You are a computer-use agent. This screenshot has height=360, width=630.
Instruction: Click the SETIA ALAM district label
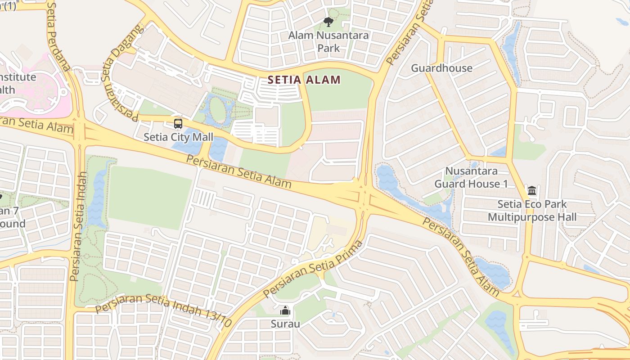304,80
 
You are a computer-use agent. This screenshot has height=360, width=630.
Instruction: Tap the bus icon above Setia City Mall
178,124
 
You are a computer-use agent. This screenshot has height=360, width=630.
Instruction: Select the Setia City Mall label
178,137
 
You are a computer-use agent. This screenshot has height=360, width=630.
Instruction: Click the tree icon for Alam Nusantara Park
328,22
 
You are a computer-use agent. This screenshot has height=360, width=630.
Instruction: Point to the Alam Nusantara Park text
328,41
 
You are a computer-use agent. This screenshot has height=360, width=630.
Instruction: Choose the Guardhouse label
441,68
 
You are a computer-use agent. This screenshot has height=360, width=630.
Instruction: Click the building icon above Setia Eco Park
532,191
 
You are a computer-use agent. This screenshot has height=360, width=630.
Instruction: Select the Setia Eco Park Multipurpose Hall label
532,211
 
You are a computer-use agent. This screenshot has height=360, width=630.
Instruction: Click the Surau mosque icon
285,310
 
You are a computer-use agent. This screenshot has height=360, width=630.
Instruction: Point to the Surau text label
285,324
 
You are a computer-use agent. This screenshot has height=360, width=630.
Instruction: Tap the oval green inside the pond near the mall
217,110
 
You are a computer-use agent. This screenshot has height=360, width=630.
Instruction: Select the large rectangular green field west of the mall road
150,197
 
